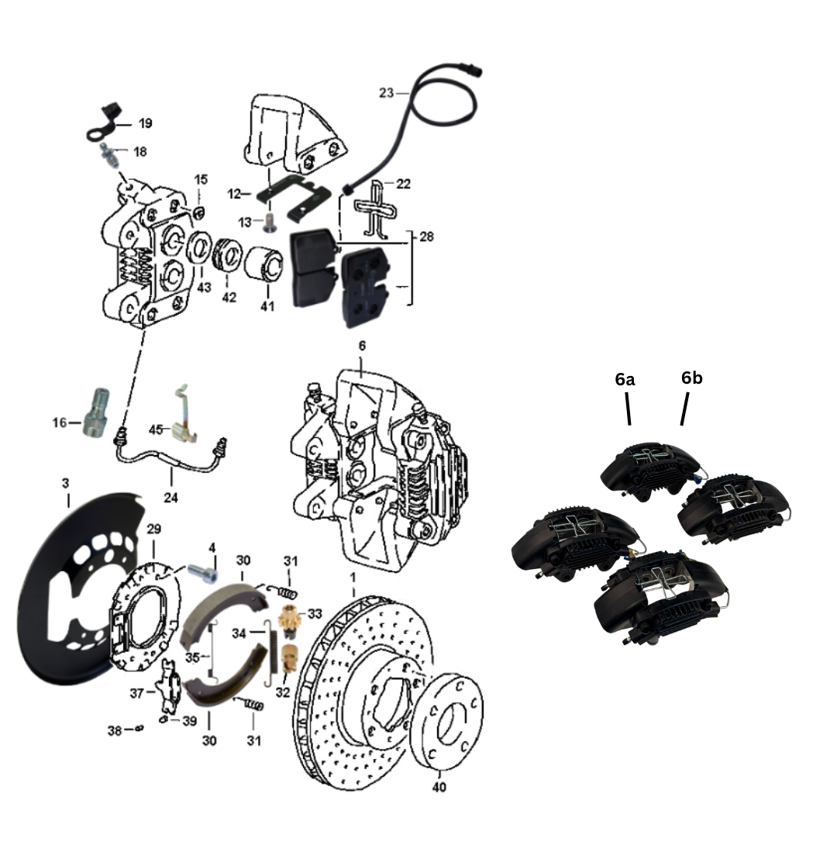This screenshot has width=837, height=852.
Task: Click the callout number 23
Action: coord(386,93)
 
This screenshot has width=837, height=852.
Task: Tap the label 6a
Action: coord(625,379)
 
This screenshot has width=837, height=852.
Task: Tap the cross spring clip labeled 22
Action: coord(377,209)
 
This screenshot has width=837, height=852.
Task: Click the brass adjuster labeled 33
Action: coord(289,619)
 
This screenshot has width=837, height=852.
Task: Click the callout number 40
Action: coord(439,786)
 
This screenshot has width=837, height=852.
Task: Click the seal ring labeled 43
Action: coord(199,248)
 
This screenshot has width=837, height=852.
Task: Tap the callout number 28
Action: coord(426,236)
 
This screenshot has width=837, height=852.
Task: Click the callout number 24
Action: coord(170,497)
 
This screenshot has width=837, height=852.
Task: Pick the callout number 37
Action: coord(136,693)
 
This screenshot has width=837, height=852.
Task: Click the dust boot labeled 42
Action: coord(226,254)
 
